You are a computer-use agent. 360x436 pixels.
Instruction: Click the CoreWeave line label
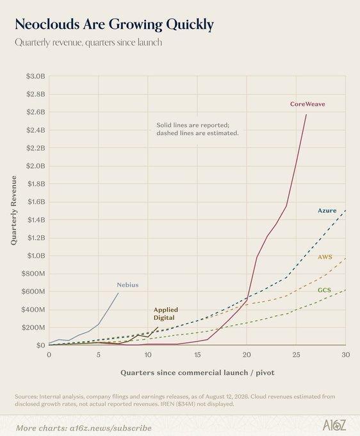click(x=307, y=104)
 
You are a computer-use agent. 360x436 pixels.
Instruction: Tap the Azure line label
click(x=327, y=210)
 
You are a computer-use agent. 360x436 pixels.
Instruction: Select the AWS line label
click(x=325, y=256)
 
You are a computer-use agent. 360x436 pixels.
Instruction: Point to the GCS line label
click(x=324, y=290)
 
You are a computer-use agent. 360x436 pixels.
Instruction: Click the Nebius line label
click(x=127, y=285)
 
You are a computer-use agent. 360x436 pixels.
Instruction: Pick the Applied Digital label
click(x=166, y=314)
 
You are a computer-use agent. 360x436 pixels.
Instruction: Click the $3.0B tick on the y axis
click(x=36, y=76)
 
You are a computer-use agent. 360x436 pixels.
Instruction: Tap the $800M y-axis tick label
click(x=33, y=274)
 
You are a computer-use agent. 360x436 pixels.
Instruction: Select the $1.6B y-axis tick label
click(x=36, y=201)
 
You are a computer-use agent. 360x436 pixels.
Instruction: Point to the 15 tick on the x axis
click(x=197, y=355)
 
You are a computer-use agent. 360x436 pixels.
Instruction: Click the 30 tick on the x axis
click(x=346, y=355)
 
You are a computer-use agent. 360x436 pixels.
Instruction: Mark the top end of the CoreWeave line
click(x=306, y=114)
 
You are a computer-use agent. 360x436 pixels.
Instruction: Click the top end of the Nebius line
click(x=118, y=293)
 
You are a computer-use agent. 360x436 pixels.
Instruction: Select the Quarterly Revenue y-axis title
click(x=13, y=210)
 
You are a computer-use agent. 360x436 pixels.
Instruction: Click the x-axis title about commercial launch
click(x=197, y=373)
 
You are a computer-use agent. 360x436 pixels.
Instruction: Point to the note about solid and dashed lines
click(x=197, y=129)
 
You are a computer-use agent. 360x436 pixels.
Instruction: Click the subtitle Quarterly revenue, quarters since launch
click(x=88, y=42)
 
